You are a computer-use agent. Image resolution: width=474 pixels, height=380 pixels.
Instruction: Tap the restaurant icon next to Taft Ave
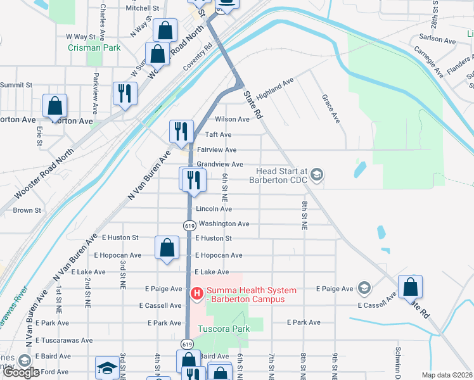(181, 131)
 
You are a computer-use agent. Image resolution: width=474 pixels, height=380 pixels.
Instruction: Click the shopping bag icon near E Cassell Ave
(411, 286)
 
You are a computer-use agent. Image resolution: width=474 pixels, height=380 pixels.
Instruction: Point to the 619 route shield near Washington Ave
(189, 225)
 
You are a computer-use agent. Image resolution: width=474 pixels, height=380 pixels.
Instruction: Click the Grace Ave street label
(330, 108)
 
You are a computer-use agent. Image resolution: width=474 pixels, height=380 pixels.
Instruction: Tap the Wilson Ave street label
(232, 119)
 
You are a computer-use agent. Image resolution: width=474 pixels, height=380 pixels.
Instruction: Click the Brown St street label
(27, 210)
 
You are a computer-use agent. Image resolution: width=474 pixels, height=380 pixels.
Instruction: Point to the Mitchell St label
(141, 8)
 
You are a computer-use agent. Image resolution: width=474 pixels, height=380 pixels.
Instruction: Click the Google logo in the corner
(21, 372)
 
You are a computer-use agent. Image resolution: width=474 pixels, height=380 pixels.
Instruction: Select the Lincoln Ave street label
(214, 208)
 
